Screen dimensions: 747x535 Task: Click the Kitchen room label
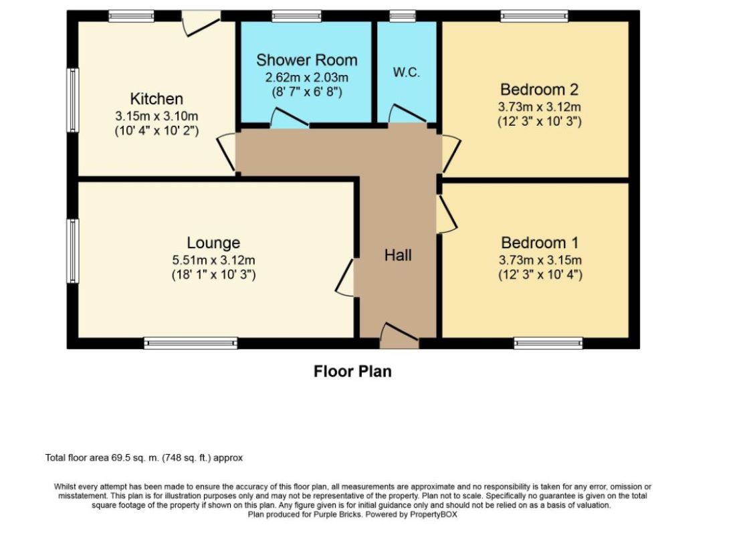coord(156,98)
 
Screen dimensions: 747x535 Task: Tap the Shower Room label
coord(307,60)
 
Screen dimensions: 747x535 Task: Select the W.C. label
coord(407,72)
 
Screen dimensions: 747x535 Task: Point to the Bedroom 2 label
coord(539,89)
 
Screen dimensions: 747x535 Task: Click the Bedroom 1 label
coord(540,243)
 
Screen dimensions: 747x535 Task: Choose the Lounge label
coord(213,243)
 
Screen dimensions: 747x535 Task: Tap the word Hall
coord(398,255)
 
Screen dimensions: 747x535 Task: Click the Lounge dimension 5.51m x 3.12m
coord(213,260)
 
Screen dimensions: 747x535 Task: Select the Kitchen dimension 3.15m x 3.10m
coord(156,116)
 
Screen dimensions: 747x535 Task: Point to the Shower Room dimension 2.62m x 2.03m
coord(307,77)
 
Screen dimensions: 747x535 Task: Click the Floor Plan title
coord(352,371)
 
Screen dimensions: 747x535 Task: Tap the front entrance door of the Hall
coord(399,336)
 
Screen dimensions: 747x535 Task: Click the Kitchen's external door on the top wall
coord(201,23)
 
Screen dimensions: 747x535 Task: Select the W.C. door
coord(408,114)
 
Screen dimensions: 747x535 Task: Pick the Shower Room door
coord(290,118)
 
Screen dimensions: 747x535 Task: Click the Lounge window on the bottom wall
coord(191,343)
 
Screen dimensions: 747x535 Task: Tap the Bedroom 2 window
coord(534,16)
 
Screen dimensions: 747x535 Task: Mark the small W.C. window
coord(403,16)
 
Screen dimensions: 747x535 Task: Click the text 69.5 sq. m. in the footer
coord(136,458)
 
